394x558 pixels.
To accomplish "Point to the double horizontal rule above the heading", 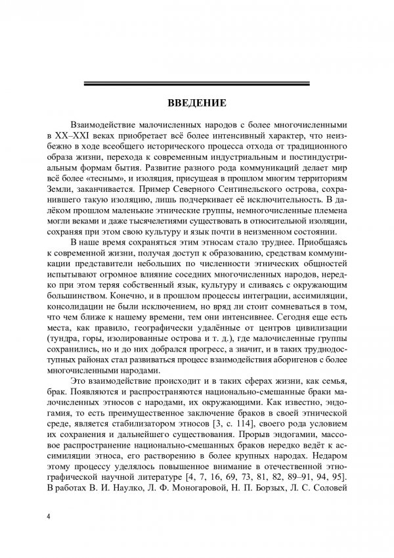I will [197, 83].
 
